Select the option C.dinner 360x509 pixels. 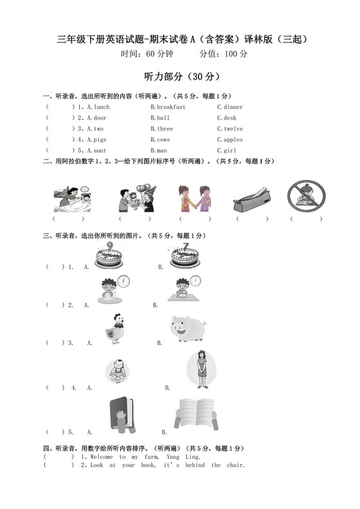click(x=230, y=107)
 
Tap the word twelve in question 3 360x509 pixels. click(x=233, y=129)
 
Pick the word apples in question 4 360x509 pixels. click(x=233, y=139)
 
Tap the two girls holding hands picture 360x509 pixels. click(x=194, y=198)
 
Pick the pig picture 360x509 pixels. click(x=187, y=328)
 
